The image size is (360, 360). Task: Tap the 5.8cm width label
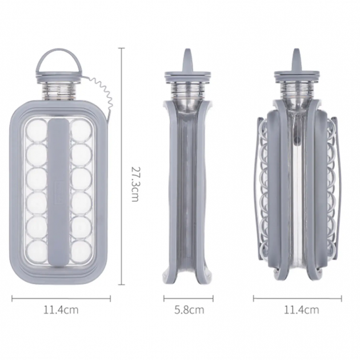click(189, 310)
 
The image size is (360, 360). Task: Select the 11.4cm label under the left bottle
click(61, 310)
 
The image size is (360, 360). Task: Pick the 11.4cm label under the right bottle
click(302, 310)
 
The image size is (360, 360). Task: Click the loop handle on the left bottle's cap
click(59, 53)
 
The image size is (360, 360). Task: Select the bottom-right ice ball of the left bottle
click(82, 251)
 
